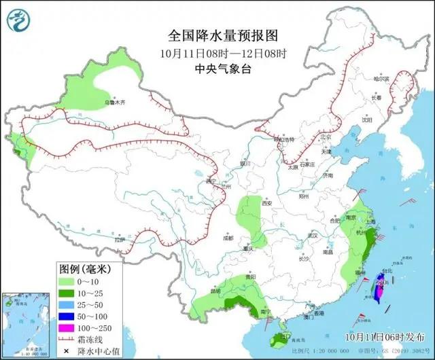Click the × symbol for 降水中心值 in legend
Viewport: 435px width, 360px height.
click(x=67, y=350)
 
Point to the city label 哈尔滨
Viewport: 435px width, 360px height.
click(x=383, y=79)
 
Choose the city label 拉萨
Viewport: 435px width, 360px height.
click(x=120, y=240)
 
